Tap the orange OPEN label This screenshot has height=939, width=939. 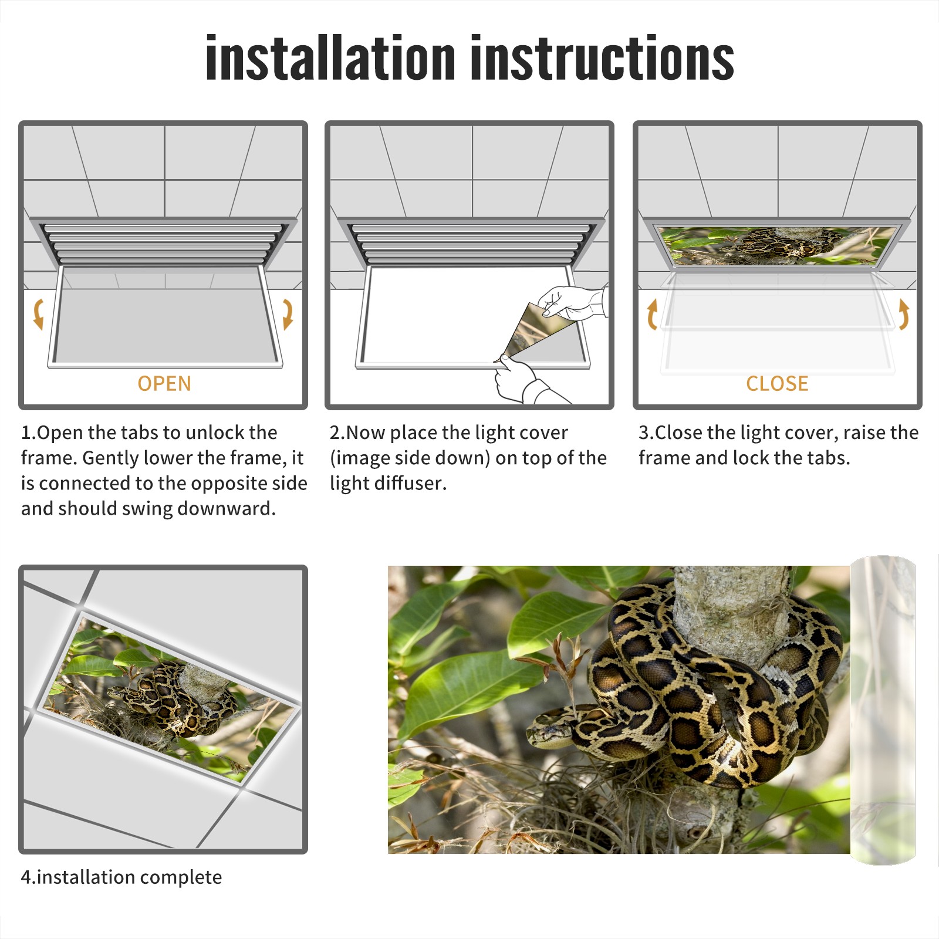pos(164,383)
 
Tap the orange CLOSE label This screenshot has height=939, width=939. pos(777,383)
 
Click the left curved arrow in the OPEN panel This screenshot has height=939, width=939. pos(38,314)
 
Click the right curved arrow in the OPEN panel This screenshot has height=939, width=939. pos(288,314)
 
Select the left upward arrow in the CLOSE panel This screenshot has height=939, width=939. pos(652,314)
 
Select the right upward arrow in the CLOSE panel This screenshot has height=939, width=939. pos(904,314)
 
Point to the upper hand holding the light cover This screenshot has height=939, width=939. pos(572,302)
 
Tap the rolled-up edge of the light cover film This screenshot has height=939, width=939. pos(883,710)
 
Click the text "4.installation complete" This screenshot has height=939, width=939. pos(121,877)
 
